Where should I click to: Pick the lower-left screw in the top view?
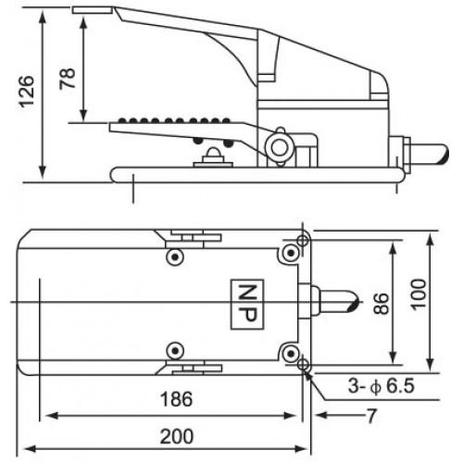coord(172,350)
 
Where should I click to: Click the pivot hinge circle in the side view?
coord(276,144)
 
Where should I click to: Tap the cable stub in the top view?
coord(333,302)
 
